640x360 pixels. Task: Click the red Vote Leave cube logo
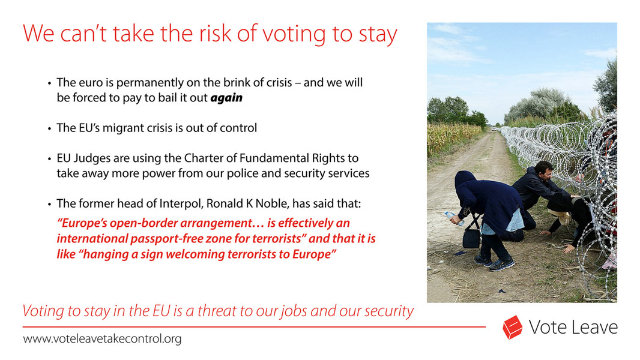tap(513, 328)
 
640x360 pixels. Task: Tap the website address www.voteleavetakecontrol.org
tap(102, 339)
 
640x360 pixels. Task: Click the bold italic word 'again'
tap(226, 98)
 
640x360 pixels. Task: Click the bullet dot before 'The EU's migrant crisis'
tap(49, 128)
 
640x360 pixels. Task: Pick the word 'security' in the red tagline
tap(387, 311)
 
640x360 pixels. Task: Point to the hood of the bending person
tap(465, 179)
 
